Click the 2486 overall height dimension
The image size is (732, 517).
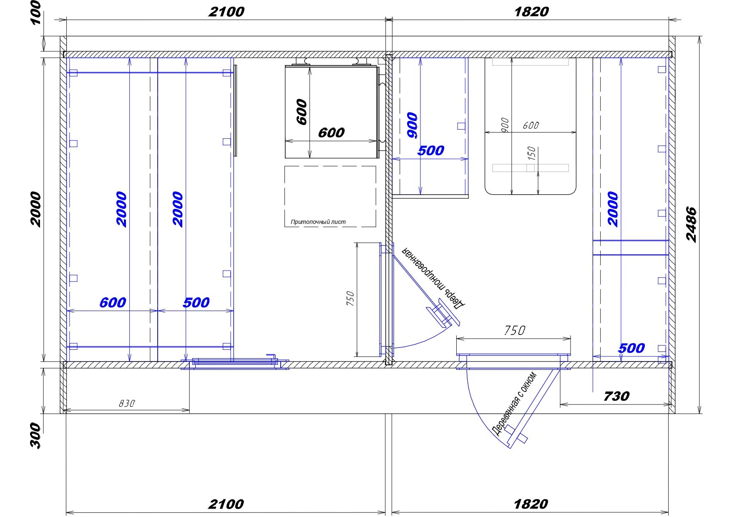pos(691,224)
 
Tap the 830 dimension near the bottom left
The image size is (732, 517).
pos(127,403)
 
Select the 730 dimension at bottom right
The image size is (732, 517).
pos(616,396)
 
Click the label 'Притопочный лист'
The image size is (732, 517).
pos(318,222)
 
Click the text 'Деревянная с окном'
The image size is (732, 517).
pos(514,404)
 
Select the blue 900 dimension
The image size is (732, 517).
pos(412,125)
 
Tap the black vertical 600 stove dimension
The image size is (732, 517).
pos(302,112)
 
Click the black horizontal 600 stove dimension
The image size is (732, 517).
pos(331,133)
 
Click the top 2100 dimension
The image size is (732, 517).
pos(226,12)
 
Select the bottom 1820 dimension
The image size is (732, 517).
pos(531,504)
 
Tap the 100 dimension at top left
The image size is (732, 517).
pos(37,12)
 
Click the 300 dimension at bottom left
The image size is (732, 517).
pos(36,435)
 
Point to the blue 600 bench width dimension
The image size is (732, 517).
pos(113,302)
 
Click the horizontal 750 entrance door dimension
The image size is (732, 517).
pos(514,331)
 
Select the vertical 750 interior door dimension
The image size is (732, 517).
pos(350,299)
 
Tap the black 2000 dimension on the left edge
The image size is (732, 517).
pos(36,209)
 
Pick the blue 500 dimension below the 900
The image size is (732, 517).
pos(431,150)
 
